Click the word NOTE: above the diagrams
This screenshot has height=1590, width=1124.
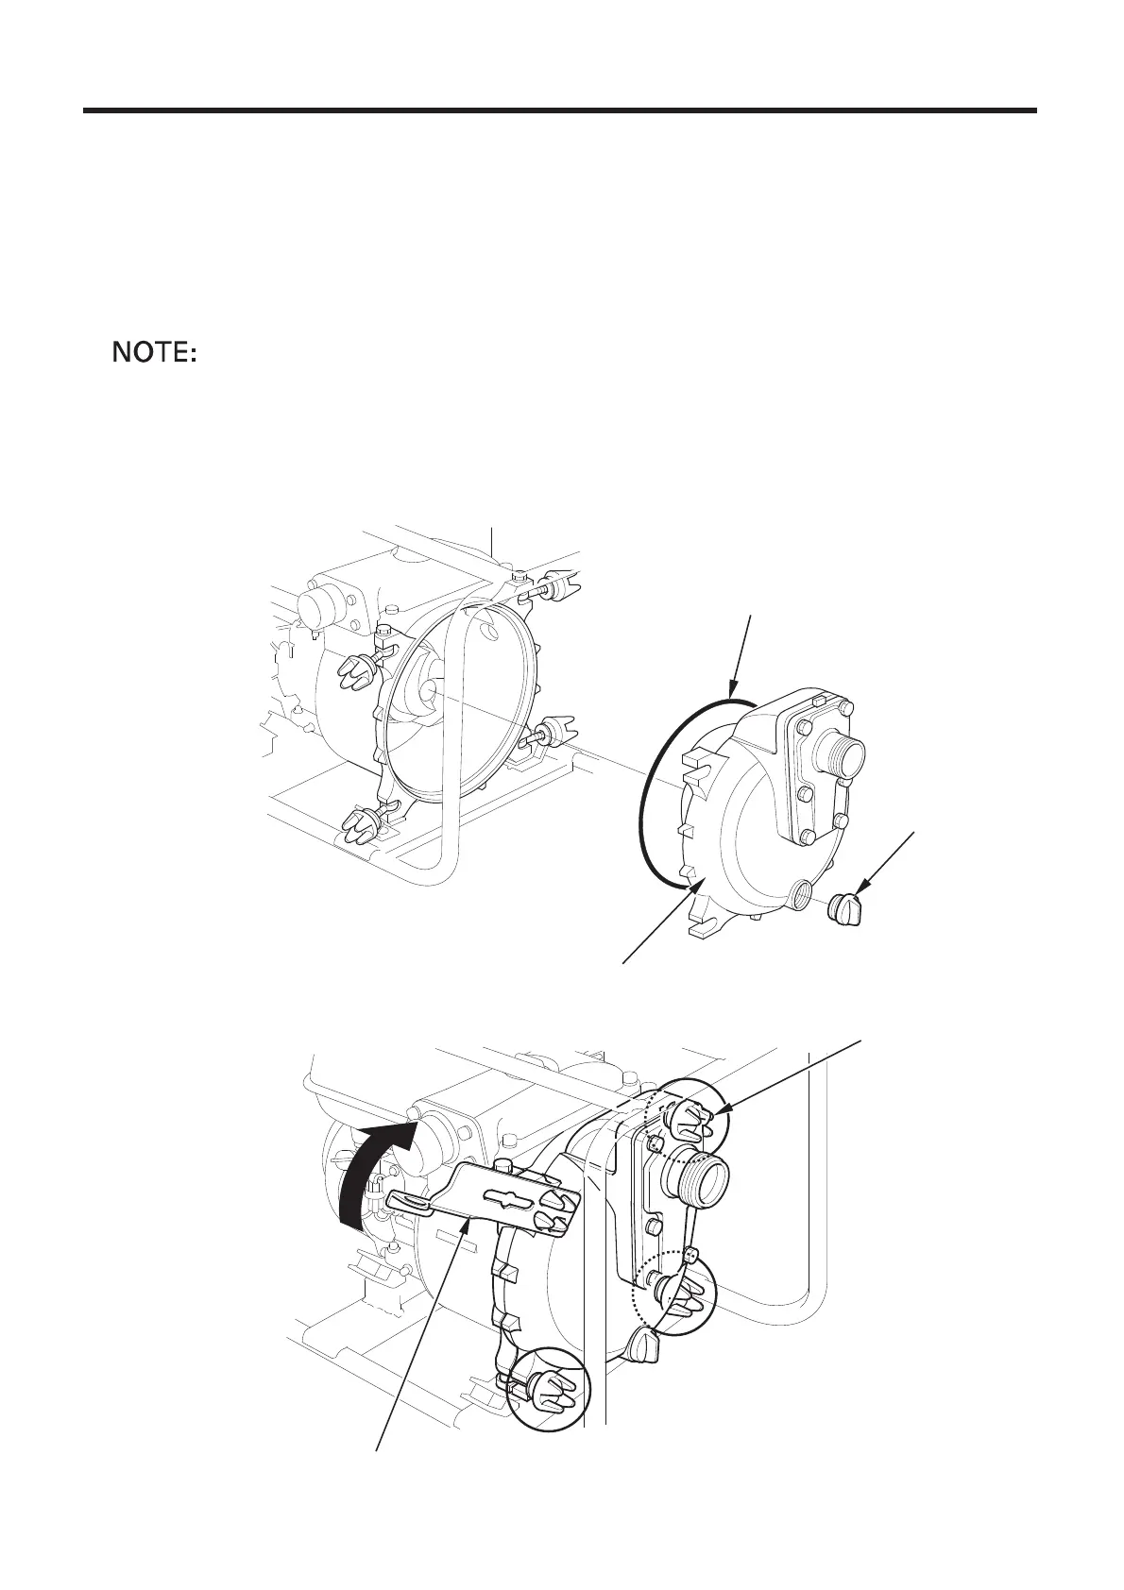pyautogui.click(x=154, y=354)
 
